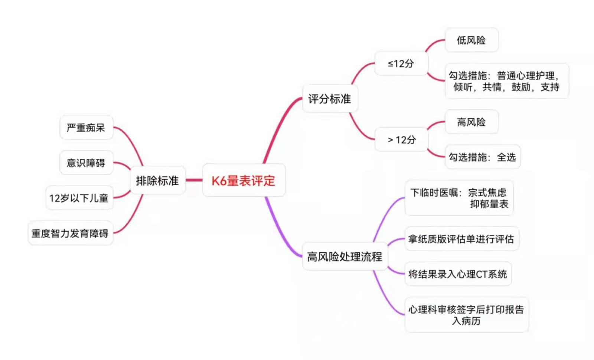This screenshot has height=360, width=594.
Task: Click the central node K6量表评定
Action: [x=244, y=180]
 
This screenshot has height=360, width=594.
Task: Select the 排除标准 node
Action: [x=157, y=180]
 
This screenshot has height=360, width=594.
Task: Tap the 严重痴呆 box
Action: [x=86, y=128]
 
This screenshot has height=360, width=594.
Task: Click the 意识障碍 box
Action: [x=86, y=163]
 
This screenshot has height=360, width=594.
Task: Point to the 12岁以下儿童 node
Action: [x=79, y=198]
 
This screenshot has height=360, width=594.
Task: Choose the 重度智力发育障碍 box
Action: [x=70, y=233]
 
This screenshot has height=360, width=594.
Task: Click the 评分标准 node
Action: [x=330, y=99]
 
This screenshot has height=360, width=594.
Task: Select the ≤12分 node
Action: [x=401, y=63]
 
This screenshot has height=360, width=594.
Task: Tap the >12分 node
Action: [x=401, y=140]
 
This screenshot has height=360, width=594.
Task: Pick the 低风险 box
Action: [x=471, y=40]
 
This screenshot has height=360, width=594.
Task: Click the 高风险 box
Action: [x=471, y=122]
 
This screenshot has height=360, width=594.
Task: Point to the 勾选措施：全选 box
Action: [x=482, y=157]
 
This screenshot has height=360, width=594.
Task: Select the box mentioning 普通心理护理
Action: [x=506, y=81]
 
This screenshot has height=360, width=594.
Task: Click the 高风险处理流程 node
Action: [x=345, y=256]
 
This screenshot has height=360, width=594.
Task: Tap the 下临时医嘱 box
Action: [x=459, y=198]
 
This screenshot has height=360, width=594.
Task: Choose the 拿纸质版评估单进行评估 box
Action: [x=461, y=239]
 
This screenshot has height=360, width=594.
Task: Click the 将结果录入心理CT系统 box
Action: [x=458, y=274]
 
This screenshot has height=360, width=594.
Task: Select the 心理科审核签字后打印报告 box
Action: [x=466, y=315]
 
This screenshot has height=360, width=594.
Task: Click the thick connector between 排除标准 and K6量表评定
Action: [x=194, y=180]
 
